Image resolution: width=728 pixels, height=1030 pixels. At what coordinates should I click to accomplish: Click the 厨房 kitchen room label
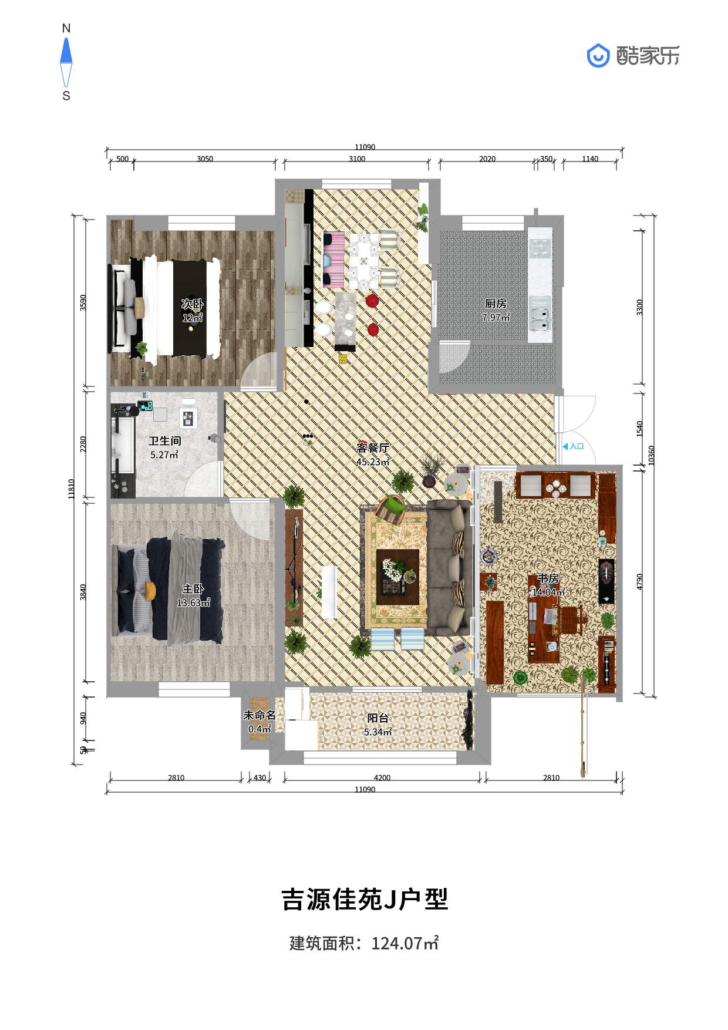[x=496, y=304]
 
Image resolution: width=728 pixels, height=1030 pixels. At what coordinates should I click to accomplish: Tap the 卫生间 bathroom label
[x=164, y=440]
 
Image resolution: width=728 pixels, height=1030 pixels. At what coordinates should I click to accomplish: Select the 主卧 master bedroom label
[x=193, y=589]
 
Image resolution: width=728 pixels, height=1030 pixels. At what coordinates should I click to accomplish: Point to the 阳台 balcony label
[x=378, y=718]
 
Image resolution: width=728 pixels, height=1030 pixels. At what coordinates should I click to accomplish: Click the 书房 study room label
[x=548, y=578]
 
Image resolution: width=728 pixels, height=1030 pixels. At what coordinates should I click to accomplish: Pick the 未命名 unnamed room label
[x=259, y=715]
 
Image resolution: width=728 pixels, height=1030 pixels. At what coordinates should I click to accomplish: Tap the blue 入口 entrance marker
[x=573, y=446]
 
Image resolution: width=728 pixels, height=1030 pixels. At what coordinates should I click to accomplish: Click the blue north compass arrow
[x=66, y=51]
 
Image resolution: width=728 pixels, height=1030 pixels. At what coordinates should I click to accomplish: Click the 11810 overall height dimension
[x=71, y=489]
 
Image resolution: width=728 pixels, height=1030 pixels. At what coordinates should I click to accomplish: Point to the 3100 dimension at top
[x=357, y=159]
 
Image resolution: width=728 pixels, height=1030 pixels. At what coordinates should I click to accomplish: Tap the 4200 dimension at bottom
[x=382, y=778]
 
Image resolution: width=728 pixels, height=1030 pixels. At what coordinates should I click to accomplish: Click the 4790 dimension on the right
[x=640, y=581]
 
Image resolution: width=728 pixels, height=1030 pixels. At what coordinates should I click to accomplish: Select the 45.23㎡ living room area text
[x=373, y=462]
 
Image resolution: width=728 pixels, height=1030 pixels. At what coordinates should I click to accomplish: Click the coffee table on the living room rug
[x=397, y=577]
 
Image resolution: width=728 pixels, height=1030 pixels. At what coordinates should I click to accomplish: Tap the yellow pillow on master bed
[x=150, y=591]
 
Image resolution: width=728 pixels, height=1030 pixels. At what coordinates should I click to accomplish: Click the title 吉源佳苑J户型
[x=365, y=899]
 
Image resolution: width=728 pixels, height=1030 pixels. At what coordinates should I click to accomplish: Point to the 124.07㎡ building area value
[x=405, y=944]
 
